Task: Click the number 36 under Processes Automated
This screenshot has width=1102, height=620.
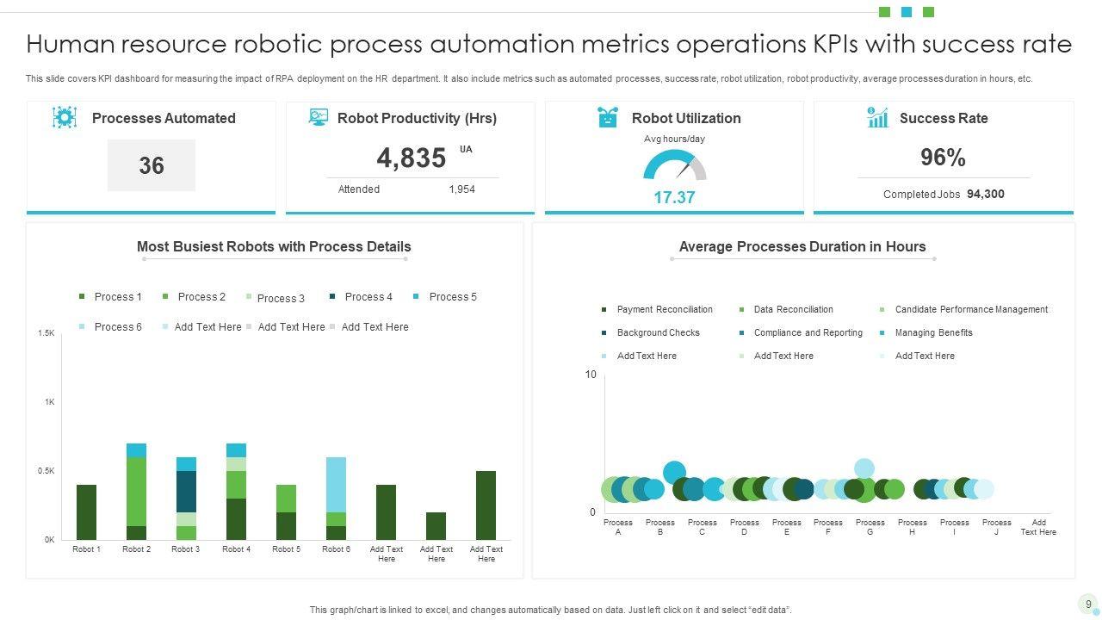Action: (152, 165)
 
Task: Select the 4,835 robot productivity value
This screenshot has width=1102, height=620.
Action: (412, 158)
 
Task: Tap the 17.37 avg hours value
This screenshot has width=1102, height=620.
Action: (674, 197)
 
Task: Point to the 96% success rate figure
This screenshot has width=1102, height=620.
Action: (943, 158)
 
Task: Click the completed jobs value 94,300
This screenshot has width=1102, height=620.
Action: (985, 194)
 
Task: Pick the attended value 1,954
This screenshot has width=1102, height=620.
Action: (461, 189)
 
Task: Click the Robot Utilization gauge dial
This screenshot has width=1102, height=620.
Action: (674, 166)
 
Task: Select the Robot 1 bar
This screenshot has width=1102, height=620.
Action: (86, 512)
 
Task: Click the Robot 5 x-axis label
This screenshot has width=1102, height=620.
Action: (286, 549)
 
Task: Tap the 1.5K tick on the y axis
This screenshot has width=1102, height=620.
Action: (46, 333)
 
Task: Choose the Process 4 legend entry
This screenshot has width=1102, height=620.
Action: (361, 297)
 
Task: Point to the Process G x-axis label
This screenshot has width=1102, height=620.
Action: (870, 527)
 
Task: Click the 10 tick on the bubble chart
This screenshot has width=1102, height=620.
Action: (591, 375)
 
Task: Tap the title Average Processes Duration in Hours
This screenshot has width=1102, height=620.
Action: (802, 247)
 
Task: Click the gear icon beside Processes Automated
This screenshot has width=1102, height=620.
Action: (65, 118)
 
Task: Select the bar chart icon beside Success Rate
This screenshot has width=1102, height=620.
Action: (877, 118)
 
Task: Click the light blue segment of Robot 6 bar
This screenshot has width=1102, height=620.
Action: (336, 484)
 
